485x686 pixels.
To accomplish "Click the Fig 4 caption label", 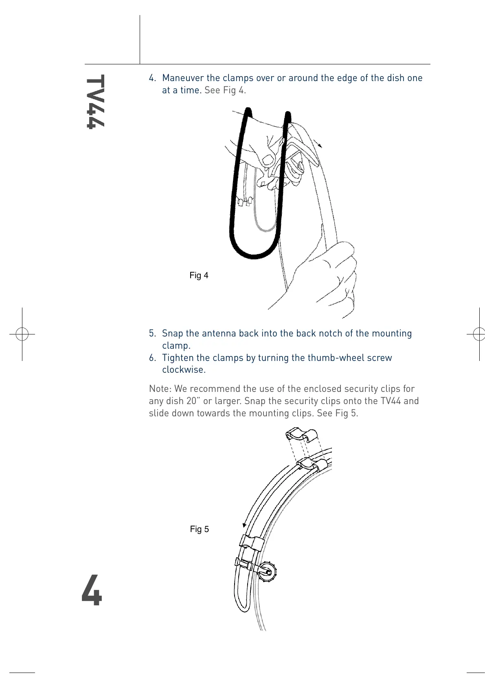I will click(x=199, y=275).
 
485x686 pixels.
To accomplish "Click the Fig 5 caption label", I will click(x=199, y=529).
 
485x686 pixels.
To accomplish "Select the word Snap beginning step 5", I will click(x=172, y=333).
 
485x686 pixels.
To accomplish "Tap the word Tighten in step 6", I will click(x=178, y=358).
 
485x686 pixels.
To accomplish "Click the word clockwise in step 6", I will click(x=184, y=370).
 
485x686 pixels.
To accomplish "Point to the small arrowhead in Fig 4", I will click(x=320, y=145).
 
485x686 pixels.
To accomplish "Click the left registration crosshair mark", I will click(x=22, y=334).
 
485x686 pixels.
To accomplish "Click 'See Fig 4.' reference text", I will click(x=225, y=90).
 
